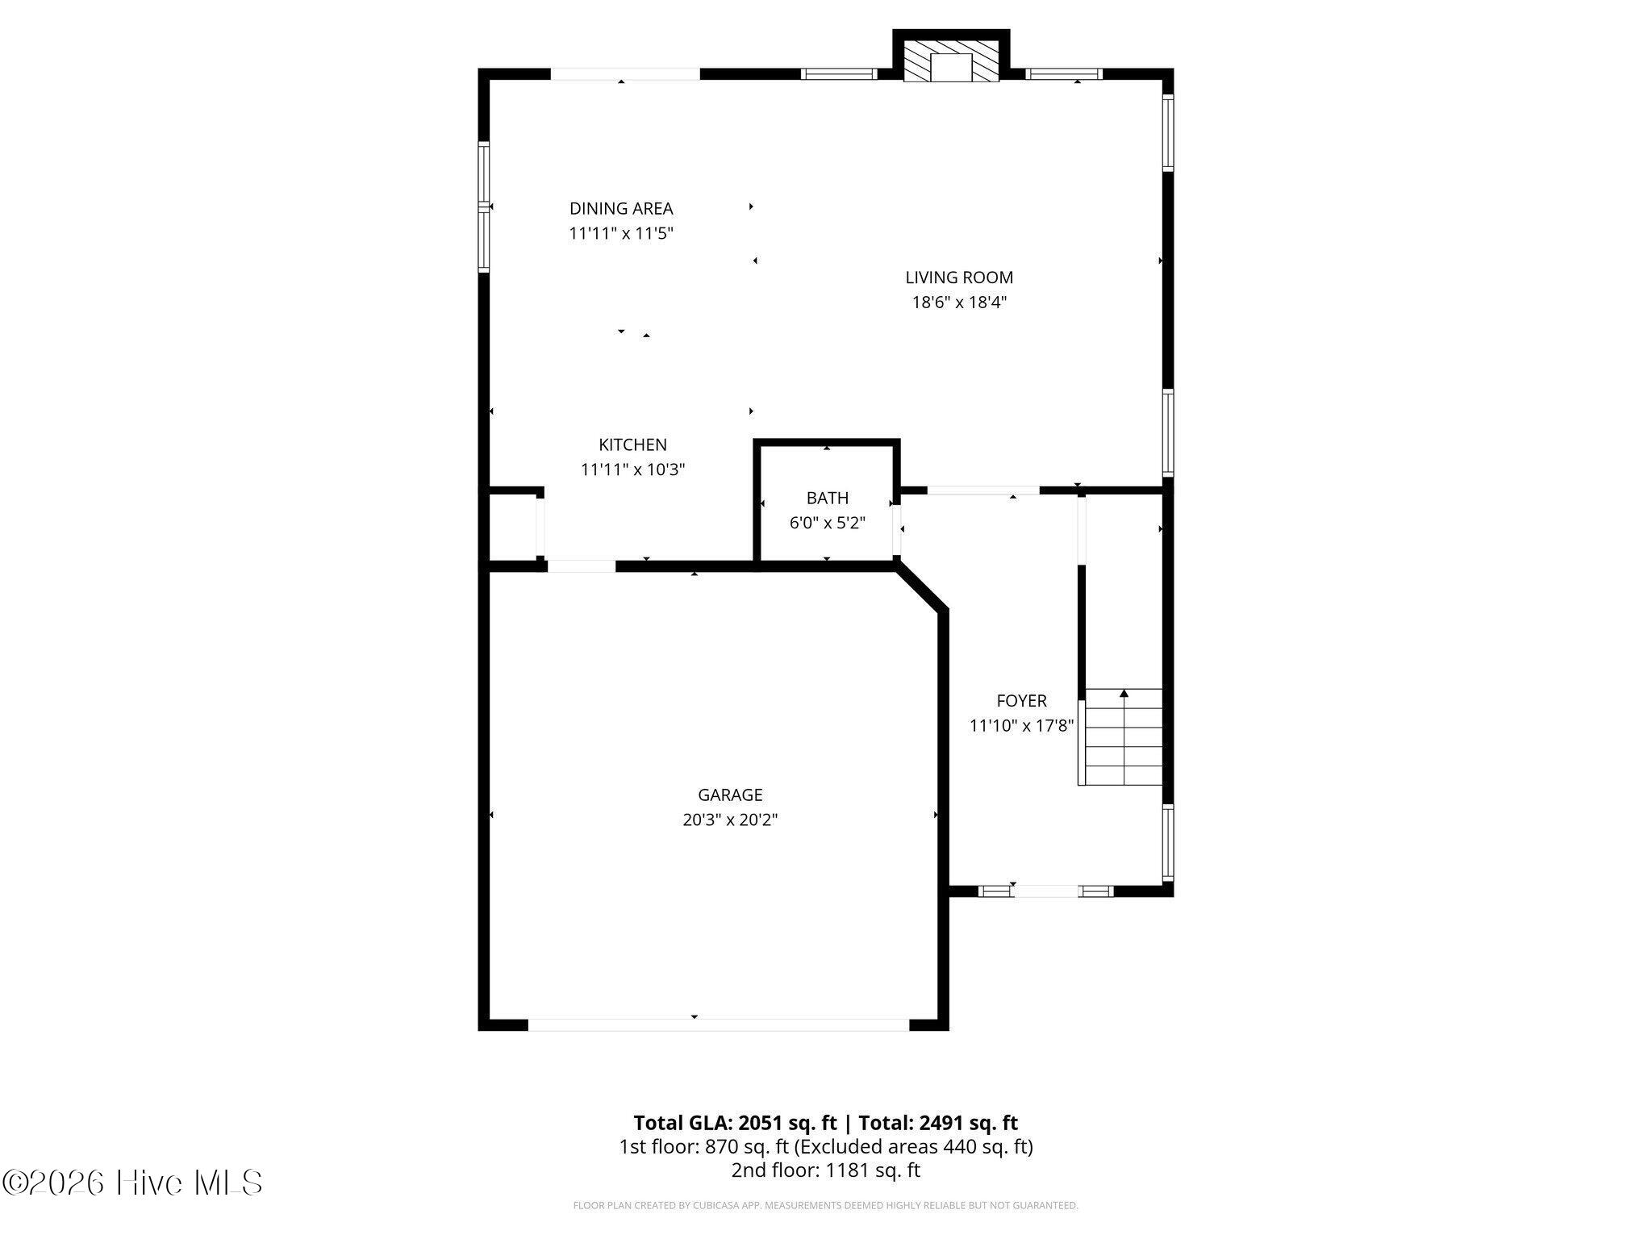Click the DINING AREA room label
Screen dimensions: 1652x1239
tap(621, 208)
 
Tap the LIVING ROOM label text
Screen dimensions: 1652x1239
tap(959, 277)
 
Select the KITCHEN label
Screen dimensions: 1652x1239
tap(632, 444)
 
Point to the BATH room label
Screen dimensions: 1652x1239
tap(828, 498)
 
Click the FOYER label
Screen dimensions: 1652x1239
tap(1021, 701)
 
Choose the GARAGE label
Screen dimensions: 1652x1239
tap(730, 795)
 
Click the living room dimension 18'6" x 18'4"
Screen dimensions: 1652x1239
tap(959, 302)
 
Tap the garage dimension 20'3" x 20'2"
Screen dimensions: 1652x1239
tap(730, 820)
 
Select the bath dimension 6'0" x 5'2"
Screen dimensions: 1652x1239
tap(828, 523)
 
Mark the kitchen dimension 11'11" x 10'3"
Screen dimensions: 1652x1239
tap(632, 469)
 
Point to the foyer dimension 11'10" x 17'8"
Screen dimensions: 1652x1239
tap(1021, 726)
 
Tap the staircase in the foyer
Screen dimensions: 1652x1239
tap(1121, 736)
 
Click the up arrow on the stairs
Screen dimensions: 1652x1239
tap(1124, 693)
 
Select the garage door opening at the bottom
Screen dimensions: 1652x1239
tap(719, 1024)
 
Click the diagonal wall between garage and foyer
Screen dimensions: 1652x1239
tap(922, 589)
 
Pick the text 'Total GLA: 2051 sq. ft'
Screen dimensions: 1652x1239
tap(736, 1123)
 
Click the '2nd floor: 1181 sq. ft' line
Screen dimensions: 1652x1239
tap(825, 1170)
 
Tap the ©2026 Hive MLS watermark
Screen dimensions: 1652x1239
tap(132, 1183)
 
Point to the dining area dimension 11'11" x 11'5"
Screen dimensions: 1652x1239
tap(621, 233)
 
